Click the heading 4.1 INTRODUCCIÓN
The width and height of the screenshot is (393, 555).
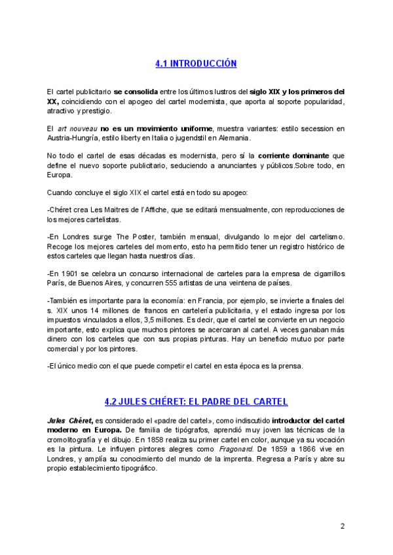click(x=196, y=63)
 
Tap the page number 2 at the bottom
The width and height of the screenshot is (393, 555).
click(x=342, y=526)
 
